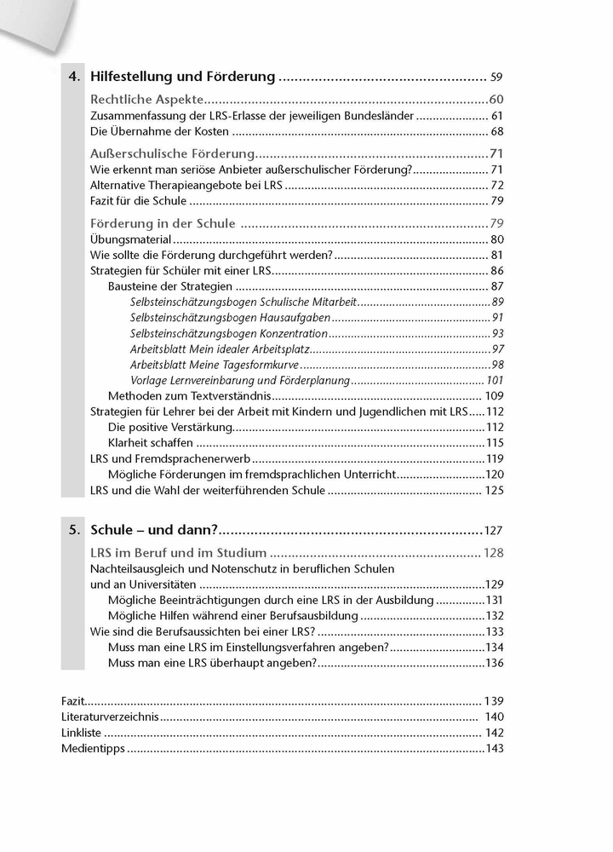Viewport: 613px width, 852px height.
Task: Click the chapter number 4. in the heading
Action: pos(74,77)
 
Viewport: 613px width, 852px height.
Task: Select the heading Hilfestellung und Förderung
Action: pos(182,77)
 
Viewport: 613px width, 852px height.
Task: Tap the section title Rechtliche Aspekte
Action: pos(146,99)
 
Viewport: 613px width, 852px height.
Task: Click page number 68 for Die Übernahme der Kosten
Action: pos(496,131)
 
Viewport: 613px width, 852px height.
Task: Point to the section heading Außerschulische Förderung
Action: pos(173,153)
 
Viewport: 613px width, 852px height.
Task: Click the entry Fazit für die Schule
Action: pos(138,201)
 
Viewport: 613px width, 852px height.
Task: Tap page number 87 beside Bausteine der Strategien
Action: pos(496,286)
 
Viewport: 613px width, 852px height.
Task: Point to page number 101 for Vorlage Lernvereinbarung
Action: pos(495,380)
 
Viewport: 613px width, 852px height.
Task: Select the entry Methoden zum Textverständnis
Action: pos(189,396)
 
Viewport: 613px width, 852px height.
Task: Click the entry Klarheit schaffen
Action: pos(151,443)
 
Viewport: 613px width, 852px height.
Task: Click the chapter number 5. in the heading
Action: pos(74,529)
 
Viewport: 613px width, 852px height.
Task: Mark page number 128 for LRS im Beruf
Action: pos(494,553)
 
